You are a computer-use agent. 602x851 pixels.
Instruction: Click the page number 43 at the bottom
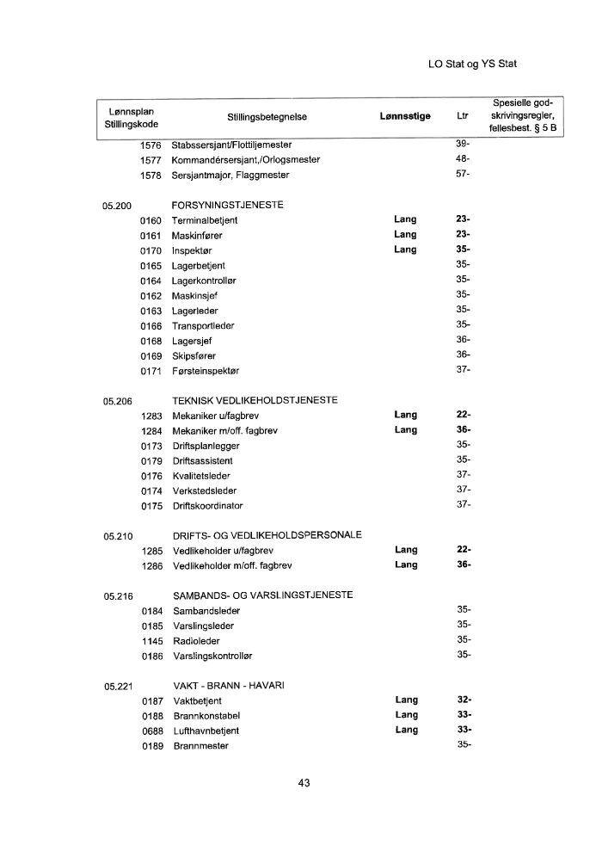[x=303, y=783]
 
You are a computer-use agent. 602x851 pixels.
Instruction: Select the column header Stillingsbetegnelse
[x=267, y=117]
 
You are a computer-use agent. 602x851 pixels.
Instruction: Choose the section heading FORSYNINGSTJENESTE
[x=228, y=206]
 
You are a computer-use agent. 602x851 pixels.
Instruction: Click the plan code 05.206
[x=117, y=400]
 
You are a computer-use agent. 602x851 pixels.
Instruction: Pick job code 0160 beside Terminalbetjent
[x=150, y=220]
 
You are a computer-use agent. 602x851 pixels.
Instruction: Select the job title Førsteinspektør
[x=206, y=370]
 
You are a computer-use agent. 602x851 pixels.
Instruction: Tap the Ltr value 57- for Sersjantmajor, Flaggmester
[x=463, y=175]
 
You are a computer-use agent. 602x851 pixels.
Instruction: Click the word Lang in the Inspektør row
[x=405, y=250]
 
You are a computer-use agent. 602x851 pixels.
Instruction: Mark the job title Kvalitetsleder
[x=201, y=476]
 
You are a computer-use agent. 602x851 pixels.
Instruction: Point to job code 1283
[x=151, y=416]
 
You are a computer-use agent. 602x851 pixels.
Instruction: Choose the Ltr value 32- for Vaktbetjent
[x=464, y=700]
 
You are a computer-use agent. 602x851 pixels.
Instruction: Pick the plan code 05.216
[x=117, y=595]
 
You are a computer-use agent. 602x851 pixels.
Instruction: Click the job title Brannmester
[x=201, y=746]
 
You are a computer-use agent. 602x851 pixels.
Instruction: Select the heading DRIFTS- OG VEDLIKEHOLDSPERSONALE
[x=267, y=535]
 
